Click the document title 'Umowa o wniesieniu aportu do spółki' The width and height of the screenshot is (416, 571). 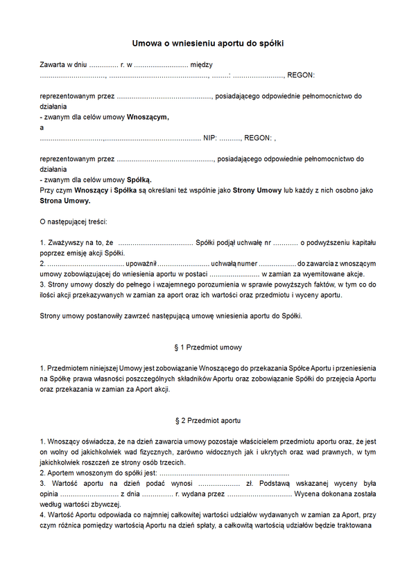(208, 44)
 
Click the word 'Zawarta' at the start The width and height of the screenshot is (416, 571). (53, 64)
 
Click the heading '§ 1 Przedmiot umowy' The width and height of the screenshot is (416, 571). (208, 347)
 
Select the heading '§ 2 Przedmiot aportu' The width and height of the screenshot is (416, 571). (208, 420)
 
